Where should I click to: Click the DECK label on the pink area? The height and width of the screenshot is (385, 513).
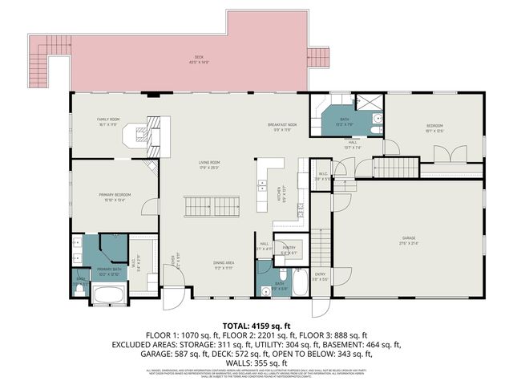[x=198, y=59]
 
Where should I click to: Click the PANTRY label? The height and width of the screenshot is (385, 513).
[x=289, y=249]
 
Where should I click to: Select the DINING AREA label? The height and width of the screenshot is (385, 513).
[x=224, y=265]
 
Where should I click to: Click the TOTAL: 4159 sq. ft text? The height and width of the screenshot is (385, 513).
[x=256, y=324]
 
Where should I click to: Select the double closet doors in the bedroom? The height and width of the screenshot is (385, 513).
[x=458, y=154]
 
